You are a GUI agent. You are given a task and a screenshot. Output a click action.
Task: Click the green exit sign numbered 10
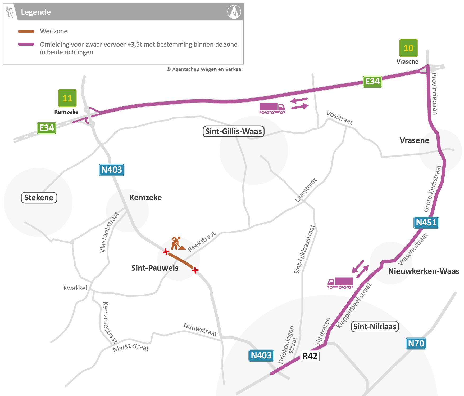(408, 48)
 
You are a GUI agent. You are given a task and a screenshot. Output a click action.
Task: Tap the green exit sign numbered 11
(67, 98)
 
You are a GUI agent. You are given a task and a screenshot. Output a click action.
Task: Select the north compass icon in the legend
(234, 12)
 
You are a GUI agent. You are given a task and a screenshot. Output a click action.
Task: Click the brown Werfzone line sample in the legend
(26, 32)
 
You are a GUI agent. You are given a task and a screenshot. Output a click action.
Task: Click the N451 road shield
(426, 222)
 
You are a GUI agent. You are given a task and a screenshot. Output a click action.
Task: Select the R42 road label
(310, 356)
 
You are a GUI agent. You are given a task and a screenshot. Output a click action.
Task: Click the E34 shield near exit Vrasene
(372, 81)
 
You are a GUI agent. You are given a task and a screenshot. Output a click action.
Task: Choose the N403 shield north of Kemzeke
(111, 170)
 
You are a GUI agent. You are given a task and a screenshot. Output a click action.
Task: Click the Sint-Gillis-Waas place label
(234, 131)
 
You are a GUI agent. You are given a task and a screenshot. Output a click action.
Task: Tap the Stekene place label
(39, 198)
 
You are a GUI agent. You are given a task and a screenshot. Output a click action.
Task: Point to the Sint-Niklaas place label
(375, 326)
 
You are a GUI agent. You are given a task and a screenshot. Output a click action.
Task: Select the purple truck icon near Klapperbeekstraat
(340, 283)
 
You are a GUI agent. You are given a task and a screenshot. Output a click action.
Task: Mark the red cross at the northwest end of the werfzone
(166, 252)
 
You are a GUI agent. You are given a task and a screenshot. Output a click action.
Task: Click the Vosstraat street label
(340, 117)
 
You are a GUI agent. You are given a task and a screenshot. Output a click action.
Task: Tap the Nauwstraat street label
(200, 330)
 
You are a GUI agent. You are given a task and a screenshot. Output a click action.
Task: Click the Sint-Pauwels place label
(155, 268)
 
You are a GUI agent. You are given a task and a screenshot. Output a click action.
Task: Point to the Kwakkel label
(75, 288)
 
